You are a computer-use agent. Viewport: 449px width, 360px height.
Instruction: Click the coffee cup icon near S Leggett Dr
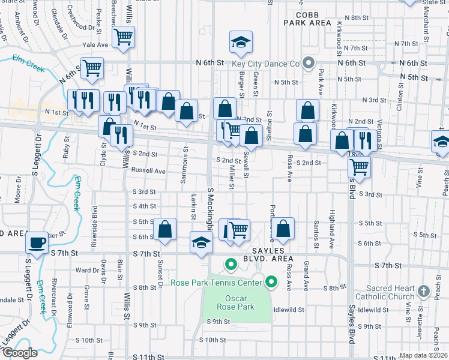37,243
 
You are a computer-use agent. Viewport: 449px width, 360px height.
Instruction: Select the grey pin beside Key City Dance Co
309,62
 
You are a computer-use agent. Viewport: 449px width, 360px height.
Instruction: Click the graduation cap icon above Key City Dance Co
241,43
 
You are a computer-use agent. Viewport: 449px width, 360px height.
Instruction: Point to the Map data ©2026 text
423,355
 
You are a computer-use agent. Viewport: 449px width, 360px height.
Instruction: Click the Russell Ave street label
148,171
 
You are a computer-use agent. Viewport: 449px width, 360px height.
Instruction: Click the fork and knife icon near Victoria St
366,140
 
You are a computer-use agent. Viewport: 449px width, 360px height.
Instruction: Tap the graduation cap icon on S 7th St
201,242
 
